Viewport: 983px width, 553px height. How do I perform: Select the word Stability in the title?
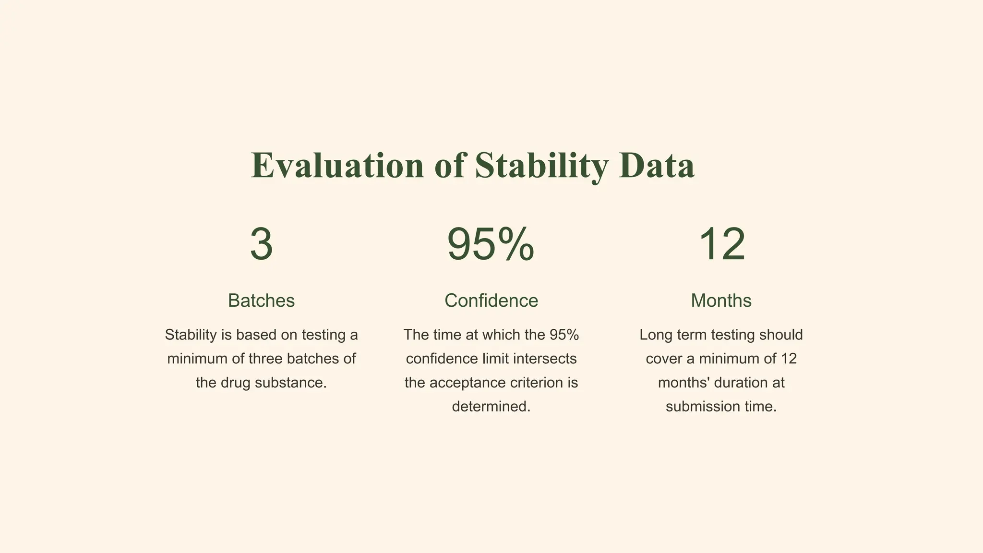541,166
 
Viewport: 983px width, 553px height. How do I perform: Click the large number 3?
262,244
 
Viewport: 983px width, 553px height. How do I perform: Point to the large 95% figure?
491,244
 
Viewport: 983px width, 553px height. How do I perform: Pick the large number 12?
721,244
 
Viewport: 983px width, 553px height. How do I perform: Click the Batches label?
261,301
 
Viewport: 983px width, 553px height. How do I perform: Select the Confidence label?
491,301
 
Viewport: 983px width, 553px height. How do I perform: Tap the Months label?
721,301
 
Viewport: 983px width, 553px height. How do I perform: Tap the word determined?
491,407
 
